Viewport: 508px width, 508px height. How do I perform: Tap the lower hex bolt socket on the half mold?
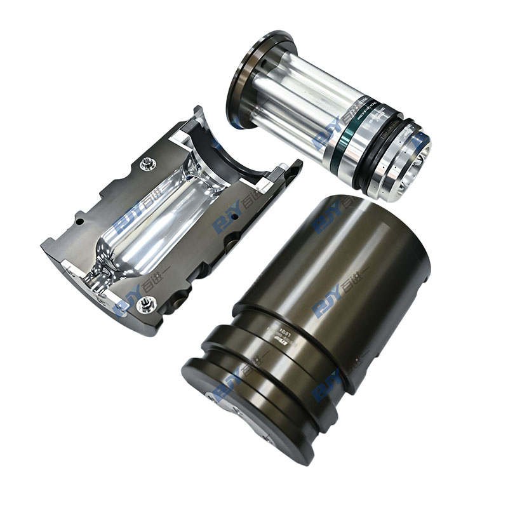144,307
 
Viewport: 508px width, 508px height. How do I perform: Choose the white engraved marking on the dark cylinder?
289,343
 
